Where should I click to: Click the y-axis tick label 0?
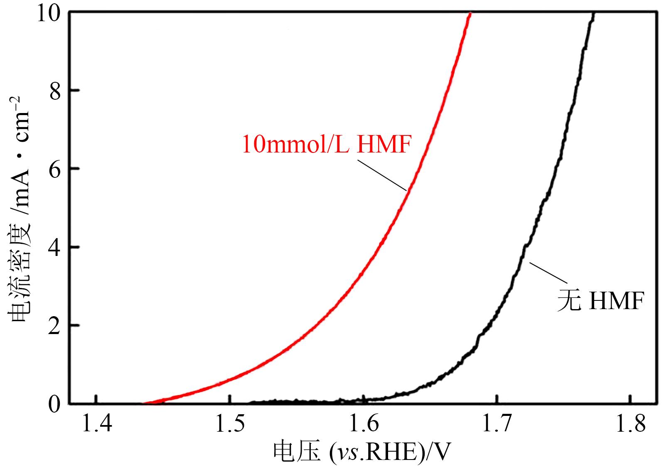(x=55, y=404)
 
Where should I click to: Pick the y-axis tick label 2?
(x=55, y=325)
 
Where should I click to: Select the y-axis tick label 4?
(x=55, y=247)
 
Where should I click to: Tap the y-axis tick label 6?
(x=55, y=169)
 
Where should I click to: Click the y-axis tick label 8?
(x=55, y=91)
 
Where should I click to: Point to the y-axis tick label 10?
(x=48, y=13)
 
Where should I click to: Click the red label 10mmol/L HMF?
(x=326, y=145)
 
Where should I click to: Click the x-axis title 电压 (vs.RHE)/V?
(x=362, y=452)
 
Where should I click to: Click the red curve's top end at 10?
(x=470, y=14)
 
